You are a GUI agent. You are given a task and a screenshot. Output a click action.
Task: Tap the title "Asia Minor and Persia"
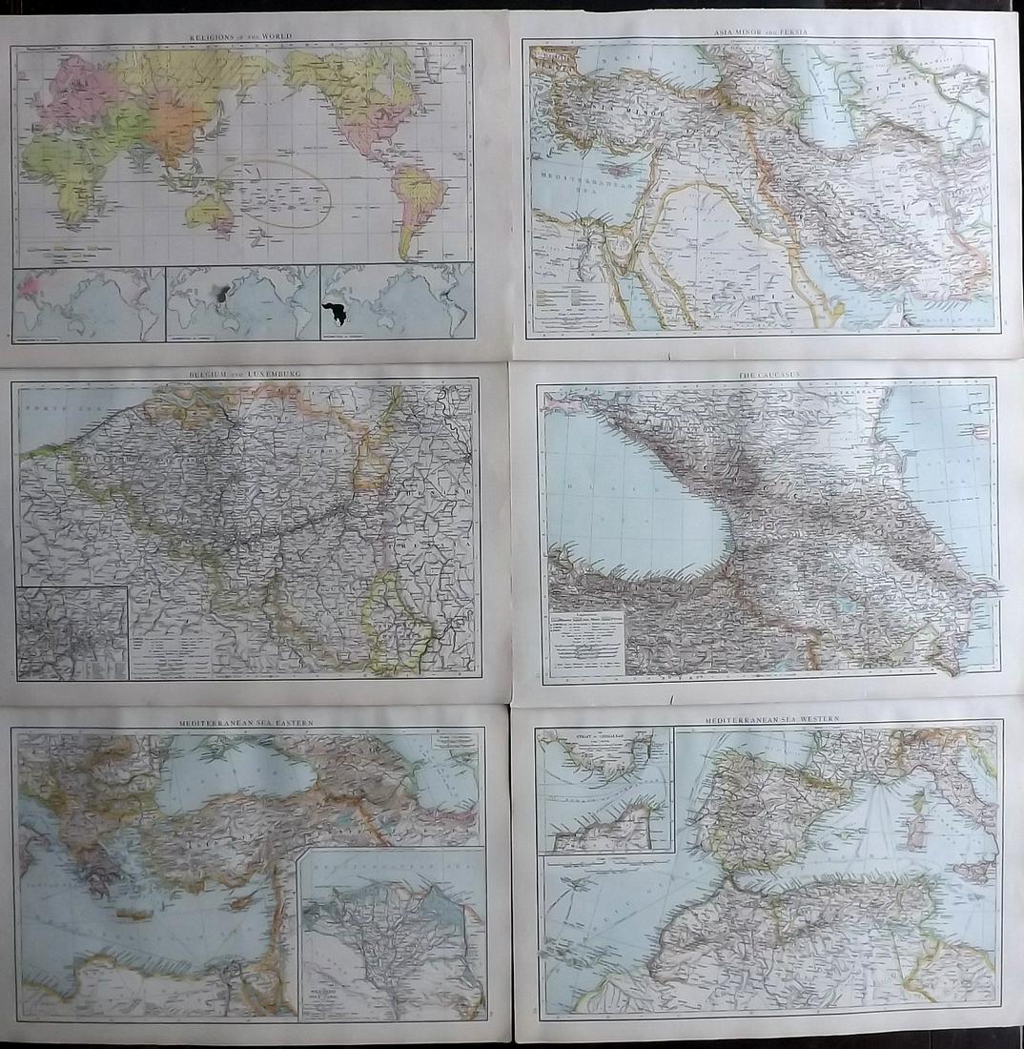coord(761,32)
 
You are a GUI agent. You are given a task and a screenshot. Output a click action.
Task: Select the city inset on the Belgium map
coord(72,632)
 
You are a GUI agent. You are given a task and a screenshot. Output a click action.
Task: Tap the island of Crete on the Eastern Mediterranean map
coord(133,914)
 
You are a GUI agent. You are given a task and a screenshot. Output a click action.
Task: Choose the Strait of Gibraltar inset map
coord(604,790)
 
